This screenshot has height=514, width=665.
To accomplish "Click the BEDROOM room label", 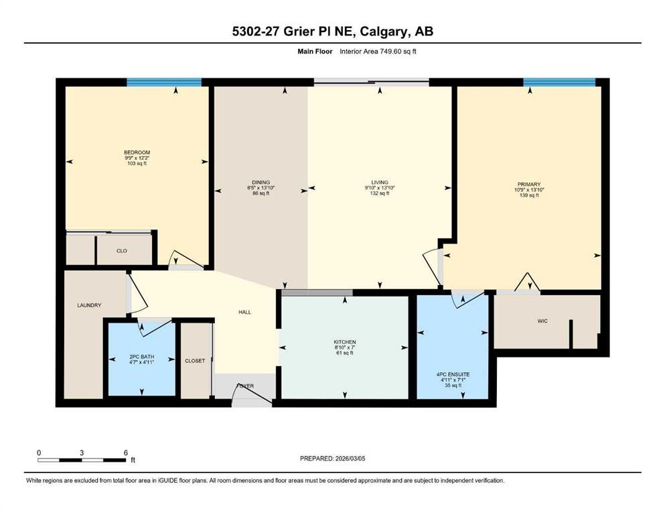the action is [x=137, y=153].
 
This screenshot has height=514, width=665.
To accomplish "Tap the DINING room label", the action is [x=261, y=183].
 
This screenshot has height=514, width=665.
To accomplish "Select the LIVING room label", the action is [x=380, y=183].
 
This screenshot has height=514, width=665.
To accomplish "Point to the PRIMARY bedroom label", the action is [x=529, y=184].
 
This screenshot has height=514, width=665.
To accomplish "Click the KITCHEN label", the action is [x=345, y=342].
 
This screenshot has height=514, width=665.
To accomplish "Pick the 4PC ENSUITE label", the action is [x=453, y=375].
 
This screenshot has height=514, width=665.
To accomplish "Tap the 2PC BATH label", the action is [x=142, y=357].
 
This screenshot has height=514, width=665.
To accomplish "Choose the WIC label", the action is [x=542, y=321].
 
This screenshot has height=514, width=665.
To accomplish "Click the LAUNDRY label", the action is [x=89, y=305].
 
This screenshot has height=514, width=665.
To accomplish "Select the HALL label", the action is [x=244, y=313].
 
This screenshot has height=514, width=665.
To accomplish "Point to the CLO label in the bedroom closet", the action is [x=122, y=251].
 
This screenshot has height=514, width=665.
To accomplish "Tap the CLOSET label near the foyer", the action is [x=195, y=361].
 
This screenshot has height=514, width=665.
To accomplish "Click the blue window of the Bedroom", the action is [x=164, y=82].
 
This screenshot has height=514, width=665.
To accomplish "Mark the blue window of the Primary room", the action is [x=559, y=82].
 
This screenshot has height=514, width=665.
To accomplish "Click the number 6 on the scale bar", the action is [x=125, y=452].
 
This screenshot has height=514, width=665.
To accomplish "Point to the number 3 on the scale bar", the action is [x=82, y=452].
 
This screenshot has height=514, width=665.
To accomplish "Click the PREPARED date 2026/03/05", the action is [x=350, y=458].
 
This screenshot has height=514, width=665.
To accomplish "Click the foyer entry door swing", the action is [x=252, y=394].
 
